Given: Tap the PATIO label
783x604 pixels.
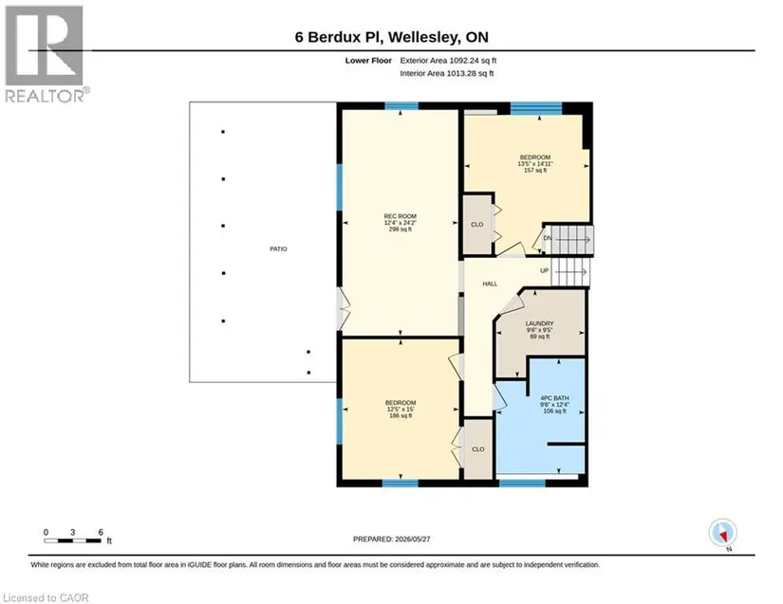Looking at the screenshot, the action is click(278, 248).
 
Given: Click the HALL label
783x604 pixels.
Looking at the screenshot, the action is click(490, 284).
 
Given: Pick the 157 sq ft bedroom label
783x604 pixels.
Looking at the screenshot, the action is click(535, 164).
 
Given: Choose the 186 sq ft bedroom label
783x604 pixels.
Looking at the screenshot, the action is click(401, 409).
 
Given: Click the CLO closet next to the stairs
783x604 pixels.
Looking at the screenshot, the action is click(476, 225).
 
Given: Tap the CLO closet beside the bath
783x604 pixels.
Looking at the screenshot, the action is click(478, 449).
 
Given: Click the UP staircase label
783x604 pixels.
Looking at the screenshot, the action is click(545, 271).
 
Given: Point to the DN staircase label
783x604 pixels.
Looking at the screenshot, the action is click(548, 238).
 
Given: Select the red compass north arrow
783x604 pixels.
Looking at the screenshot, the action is click(723, 536).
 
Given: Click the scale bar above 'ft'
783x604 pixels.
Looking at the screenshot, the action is click(73, 540).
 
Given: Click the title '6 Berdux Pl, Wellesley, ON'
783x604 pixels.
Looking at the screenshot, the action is click(391, 37).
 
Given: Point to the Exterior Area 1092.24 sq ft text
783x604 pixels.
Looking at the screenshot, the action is click(448, 61).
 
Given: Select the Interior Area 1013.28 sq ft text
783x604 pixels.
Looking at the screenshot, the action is click(446, 73).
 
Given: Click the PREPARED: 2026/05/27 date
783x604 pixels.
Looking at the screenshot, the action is click(391, 540).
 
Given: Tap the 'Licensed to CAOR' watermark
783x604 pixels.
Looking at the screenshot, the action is click(46, 597).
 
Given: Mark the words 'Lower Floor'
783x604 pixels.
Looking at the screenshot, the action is click(368, 61).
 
